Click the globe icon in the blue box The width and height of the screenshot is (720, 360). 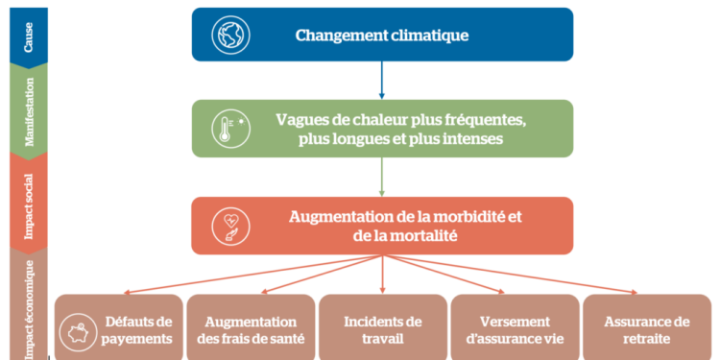[230, 36]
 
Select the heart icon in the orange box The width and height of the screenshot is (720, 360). [231, 225]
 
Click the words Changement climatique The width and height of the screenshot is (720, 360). [382, 36]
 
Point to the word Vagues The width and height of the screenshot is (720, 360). [300, 119]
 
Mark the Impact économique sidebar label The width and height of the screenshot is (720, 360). [29, 302]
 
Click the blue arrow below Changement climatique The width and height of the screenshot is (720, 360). [382, 81]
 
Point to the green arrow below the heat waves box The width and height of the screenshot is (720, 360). [382, 176]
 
